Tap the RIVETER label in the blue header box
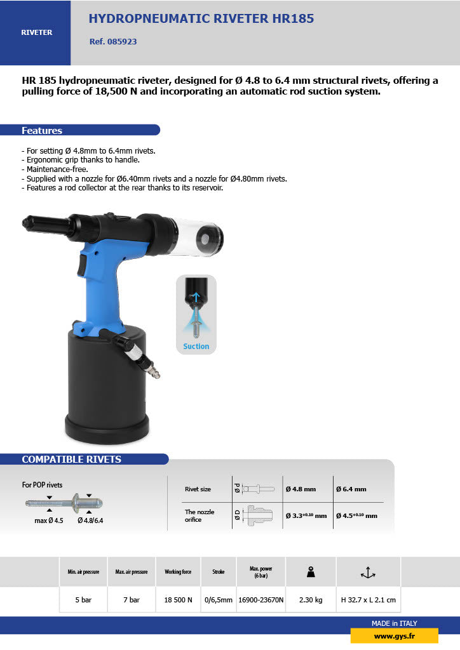pyautogui.click(x=37, y=32)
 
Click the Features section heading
pyautogui.click(x=42, y=131)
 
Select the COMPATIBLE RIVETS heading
pyautogui.click(x=71, y=460)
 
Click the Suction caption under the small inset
pyautogui.click(x=196, y=347)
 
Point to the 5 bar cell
pyautogui.click(x=83, y=600)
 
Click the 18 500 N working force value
pyautogui.click(x=178, y=600)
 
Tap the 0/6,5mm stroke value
pyautogui.click(x=218, y=600)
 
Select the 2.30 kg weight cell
pyautogui.click(x=311, y=600)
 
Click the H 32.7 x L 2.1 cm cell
pyautogui.click(x=368, y=600)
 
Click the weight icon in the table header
pyautogui.click(x=311, y=572)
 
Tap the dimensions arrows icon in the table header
pyautogui.click(x=368, y=572)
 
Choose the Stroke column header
pyautogui.click(x=218, y=572)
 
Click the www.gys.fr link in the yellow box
pyautogui.click(x=394, y=636)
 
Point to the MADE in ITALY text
pyautogui.click(x=394, y=623)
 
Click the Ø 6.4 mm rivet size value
pyautogui.click(x=352, y=489)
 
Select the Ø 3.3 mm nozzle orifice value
pyautogui.click(x=306, y=515)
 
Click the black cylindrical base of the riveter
pyautogui.click(x=107, y=387)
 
